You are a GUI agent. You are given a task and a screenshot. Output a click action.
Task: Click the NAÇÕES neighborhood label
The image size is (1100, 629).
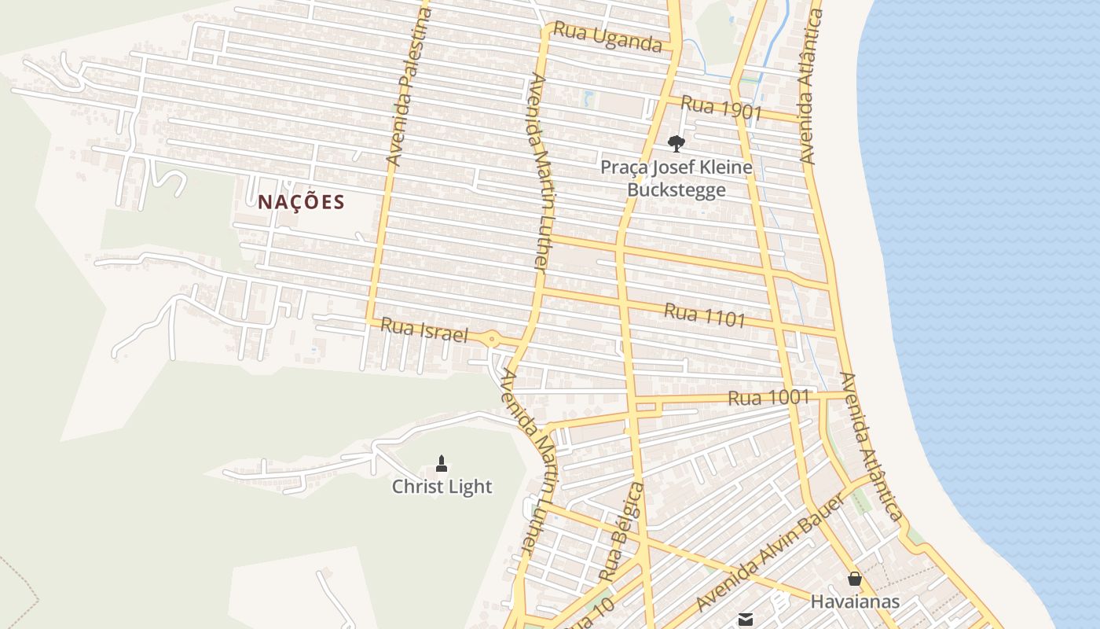(301, 202)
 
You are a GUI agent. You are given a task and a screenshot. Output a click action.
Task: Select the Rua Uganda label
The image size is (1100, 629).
(607, 36)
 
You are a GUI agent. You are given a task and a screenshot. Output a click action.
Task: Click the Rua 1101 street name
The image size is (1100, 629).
(705, 314)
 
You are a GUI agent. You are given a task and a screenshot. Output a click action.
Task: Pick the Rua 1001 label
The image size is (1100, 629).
(768, 398)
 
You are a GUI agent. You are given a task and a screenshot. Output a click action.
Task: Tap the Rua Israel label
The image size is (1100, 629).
(424, 330)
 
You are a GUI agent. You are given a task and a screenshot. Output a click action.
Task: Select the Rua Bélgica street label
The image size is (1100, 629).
(621, 532)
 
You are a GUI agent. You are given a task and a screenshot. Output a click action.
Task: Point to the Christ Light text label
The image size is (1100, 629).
(442, 487)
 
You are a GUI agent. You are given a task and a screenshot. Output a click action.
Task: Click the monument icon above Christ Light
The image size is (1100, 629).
(442, 464)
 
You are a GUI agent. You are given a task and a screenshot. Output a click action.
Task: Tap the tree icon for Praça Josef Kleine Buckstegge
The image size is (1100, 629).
(676, 143)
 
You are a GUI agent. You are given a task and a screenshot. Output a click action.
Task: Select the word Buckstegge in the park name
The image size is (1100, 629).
(676, 190)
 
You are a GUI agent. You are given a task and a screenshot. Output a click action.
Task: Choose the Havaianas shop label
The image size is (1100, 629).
(855, 602)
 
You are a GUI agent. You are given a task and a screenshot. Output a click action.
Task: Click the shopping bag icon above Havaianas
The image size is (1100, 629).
(855, 579)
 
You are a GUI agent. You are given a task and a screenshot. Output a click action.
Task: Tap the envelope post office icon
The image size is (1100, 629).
(746, 620)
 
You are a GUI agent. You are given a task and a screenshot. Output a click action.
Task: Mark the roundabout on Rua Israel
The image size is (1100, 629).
(493, 340)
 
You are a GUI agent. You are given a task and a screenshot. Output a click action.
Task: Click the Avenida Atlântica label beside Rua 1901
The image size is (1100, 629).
(811, 86)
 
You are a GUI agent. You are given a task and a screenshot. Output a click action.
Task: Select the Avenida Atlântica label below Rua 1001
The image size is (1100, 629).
(871, 446)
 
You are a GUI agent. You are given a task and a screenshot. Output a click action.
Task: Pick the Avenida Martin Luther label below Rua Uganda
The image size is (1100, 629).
(538, 173)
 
